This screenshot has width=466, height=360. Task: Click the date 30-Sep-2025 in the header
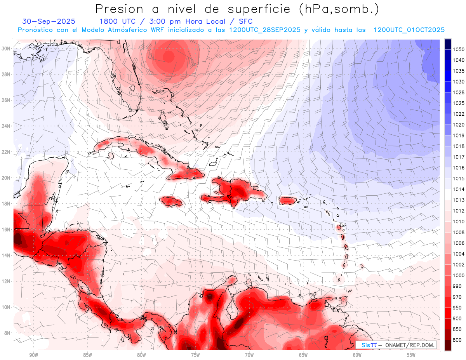click(49, 21)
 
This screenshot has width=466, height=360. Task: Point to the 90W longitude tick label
click(33, 355)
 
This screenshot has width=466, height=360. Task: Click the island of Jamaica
click(171, 201)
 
